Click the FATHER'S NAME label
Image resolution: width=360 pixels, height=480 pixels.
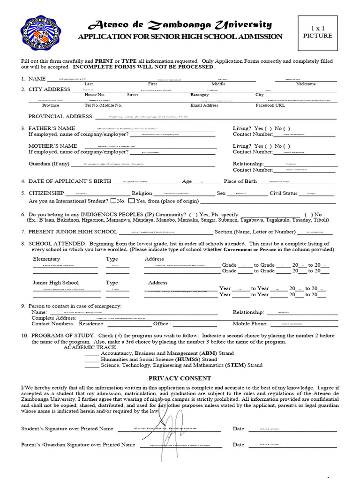coord(52,128)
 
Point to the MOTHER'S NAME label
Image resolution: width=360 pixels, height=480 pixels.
coord(52,146)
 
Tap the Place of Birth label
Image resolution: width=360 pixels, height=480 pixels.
coord(240,181)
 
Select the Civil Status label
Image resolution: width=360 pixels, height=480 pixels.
coord(284,193)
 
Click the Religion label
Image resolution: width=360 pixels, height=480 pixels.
coord(142,193)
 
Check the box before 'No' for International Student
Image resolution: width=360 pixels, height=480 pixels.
coord(113,201)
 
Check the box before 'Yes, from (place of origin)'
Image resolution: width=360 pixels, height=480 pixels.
coord(131,201)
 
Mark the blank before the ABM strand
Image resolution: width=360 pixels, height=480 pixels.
coord(91,353)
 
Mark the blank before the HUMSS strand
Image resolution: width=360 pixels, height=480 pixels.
coord(91,359)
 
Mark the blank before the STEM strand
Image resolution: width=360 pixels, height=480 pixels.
coord(91,365)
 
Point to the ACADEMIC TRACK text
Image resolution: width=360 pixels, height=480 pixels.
coord(86,347)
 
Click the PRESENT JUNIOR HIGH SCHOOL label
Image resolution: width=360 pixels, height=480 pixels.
coord(73,232)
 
